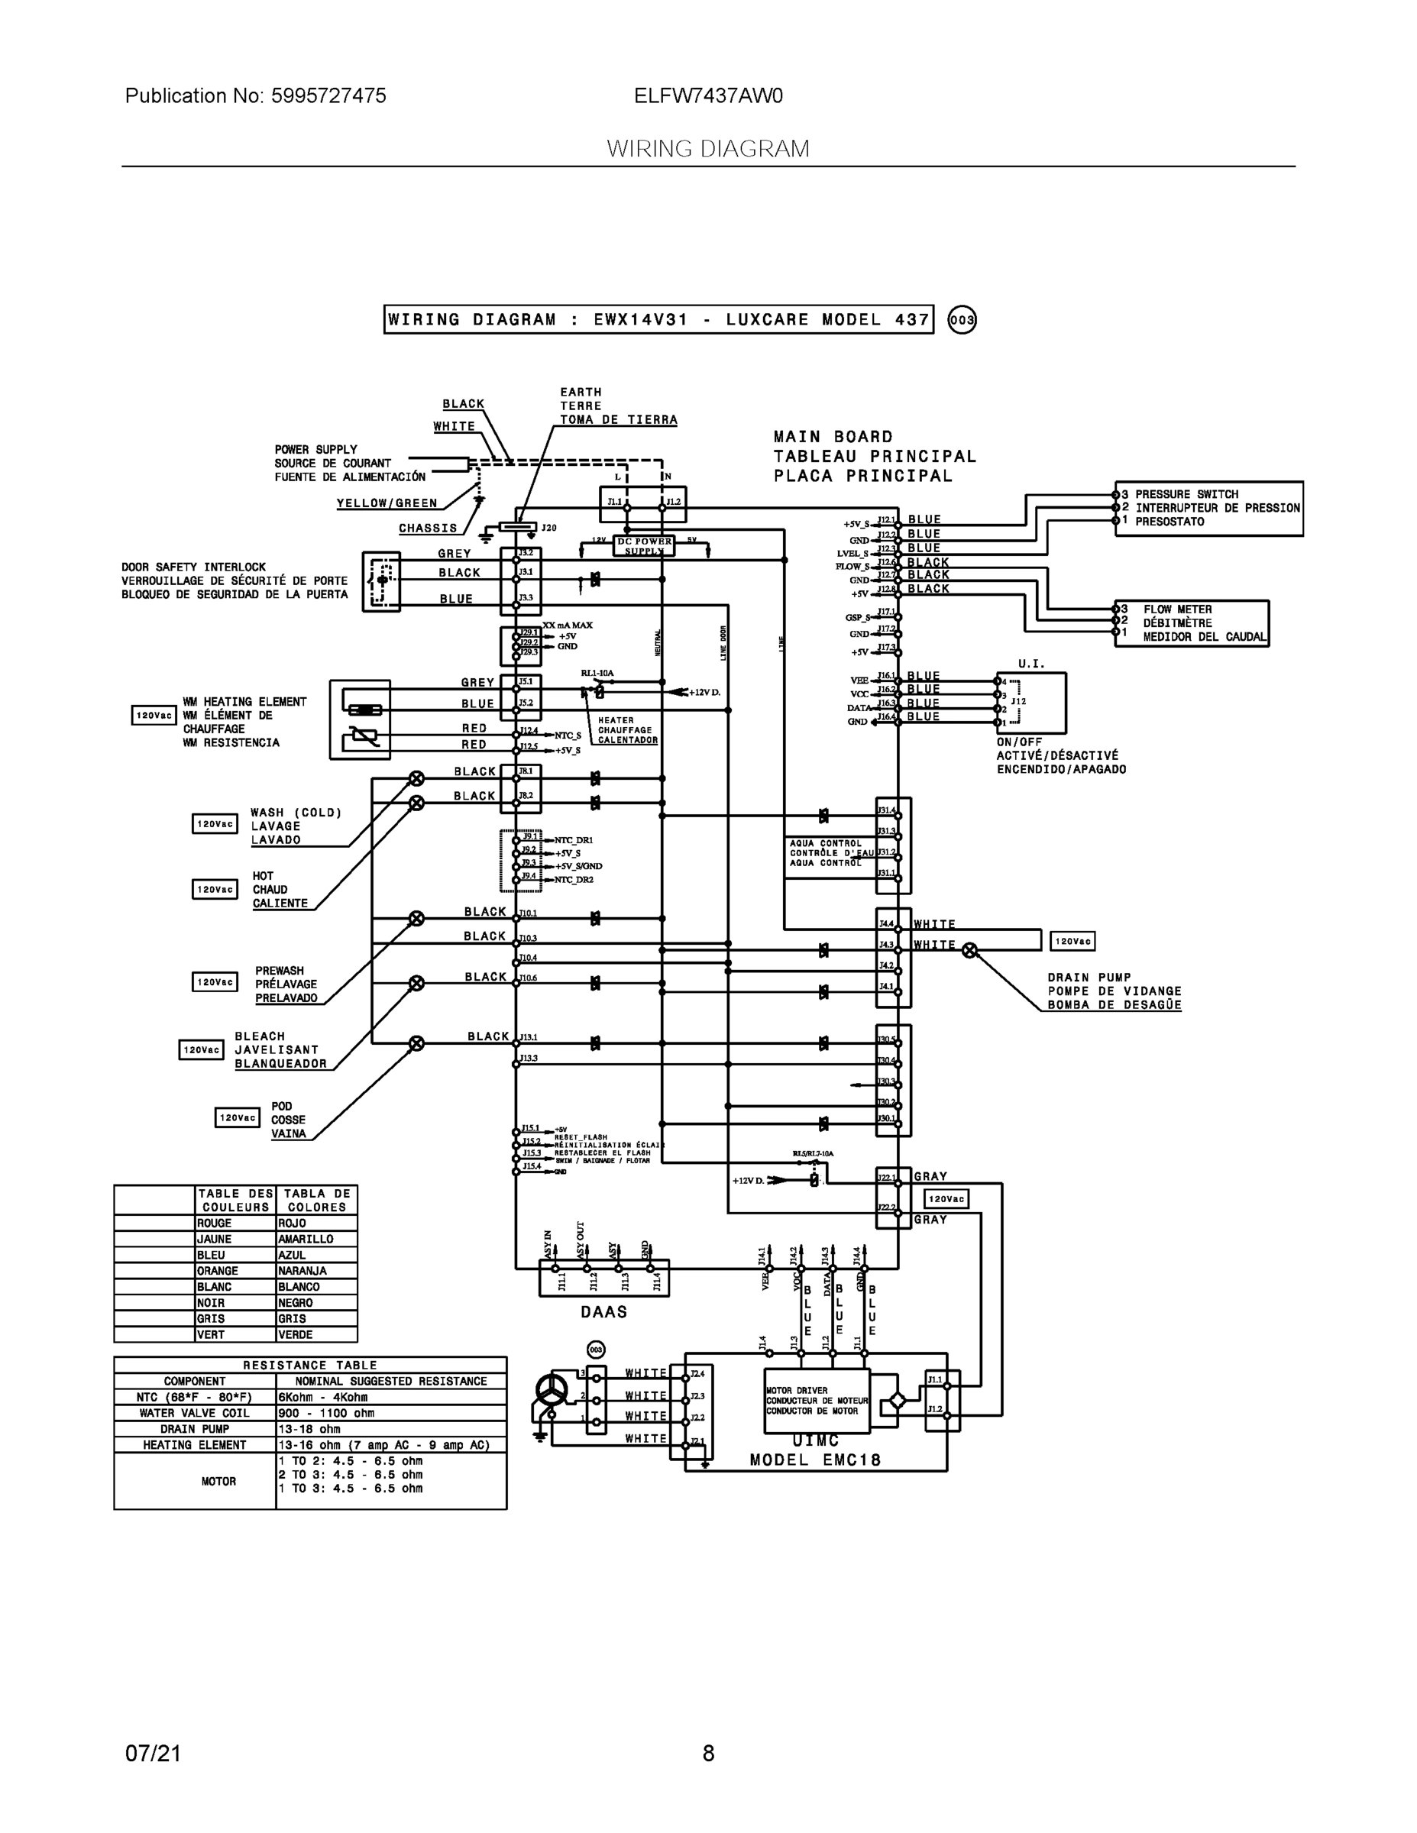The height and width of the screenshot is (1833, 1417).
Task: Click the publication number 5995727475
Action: [328, 95]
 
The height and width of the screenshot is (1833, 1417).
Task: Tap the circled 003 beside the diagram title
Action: [961, 320]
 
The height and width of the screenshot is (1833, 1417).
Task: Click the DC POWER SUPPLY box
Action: [644, 546]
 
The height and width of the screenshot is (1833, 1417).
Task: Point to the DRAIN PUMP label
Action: [1089, 978]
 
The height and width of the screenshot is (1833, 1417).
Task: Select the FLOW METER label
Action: [1177, 609]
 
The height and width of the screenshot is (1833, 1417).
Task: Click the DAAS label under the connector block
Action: [603, 1312]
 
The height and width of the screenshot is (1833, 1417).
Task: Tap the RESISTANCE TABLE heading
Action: [310, 1366]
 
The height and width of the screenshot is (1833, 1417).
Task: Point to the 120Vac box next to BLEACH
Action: [201, 1050]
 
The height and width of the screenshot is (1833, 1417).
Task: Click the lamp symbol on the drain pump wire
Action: [969, 950]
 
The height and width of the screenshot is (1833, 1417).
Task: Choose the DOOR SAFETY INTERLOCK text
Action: [194, 567]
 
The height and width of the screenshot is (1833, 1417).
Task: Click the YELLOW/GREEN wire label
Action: [387, 503]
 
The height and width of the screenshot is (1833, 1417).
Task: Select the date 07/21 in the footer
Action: [153, 1754]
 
